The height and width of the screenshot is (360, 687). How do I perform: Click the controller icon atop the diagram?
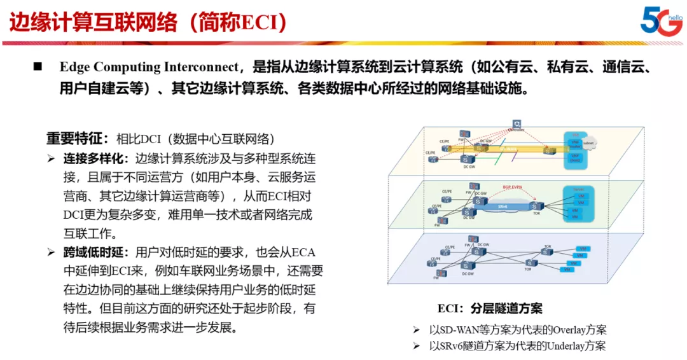(x=517, y=125)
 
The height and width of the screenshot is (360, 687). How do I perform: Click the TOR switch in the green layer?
(x=536, y=205)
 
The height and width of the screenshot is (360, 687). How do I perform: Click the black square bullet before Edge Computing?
(x=38, y=67)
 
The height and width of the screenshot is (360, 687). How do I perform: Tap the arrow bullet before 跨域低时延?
(x=51, y=253)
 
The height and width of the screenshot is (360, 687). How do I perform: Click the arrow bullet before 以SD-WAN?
(x=416, y=330)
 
